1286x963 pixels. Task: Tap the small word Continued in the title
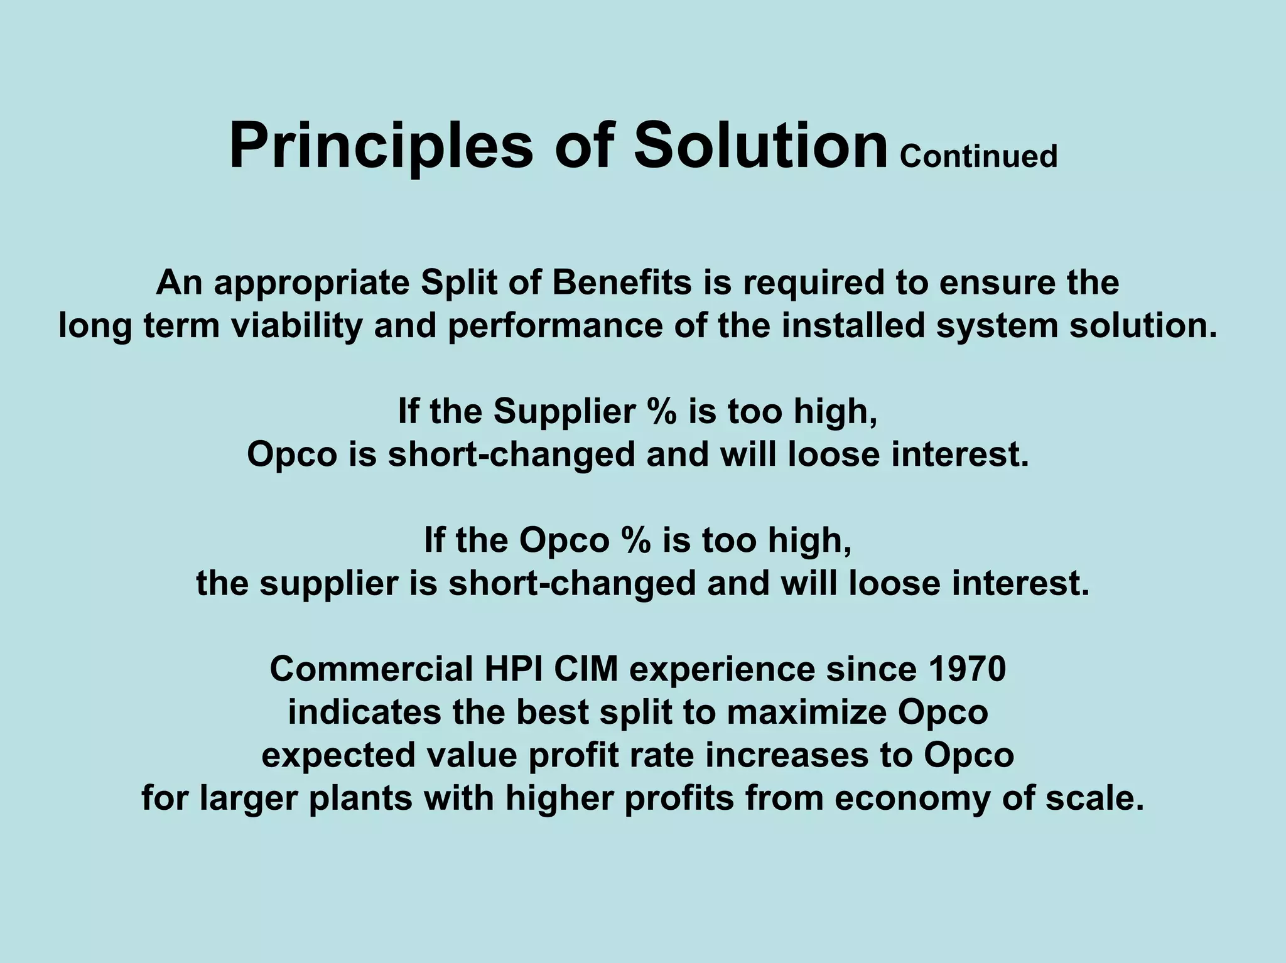click(978, 156)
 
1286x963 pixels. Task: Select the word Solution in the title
click(760, 146)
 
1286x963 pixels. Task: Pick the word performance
click(554, 326)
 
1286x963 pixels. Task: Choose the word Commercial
click(371, 669)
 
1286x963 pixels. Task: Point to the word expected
click(338, 756)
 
